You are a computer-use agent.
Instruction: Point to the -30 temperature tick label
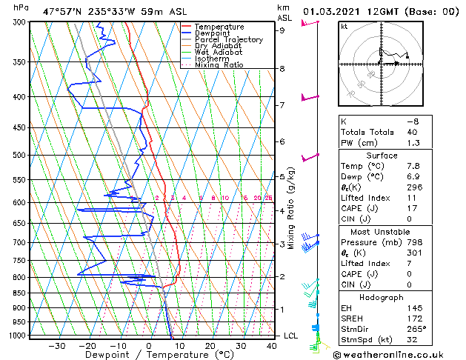(56, 345)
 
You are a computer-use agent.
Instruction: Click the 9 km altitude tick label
(282, 30)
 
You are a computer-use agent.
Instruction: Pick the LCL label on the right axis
(291, 336)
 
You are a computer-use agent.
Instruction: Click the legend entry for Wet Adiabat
(214, 52)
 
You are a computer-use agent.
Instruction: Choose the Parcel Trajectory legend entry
(224, 39)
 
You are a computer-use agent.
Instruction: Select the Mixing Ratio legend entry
(219, 64)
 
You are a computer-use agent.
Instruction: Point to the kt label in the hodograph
(344, 26)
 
